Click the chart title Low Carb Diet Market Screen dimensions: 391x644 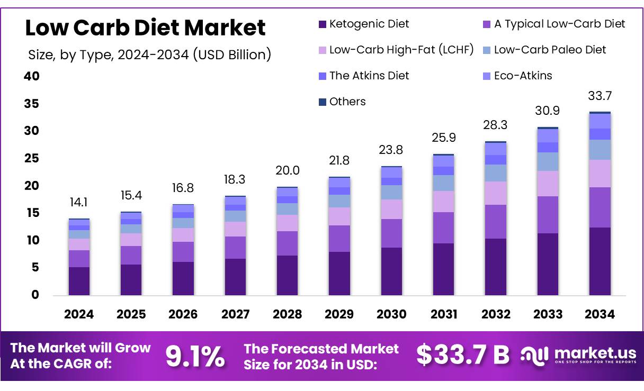tap(145, 28)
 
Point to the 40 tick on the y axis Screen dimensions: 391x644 tap(32, 76)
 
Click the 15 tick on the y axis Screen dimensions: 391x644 tap(32, 213)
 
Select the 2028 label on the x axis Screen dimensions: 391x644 tap(287, 314)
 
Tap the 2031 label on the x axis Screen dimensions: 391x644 tap(444, 314)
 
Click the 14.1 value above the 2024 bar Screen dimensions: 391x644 tap(79, 203)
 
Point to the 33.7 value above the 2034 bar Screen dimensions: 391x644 tap(600, 96)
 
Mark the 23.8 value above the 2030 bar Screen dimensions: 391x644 tap(391, 150)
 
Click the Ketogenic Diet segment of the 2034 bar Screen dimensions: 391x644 tap(600, 261)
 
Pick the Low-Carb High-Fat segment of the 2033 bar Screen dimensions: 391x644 tap(548, 183)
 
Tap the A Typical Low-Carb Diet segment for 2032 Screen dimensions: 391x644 tap(496, 221)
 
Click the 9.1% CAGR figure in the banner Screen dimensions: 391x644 tap(195, 356)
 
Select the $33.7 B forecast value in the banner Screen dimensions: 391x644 tap(462, 356)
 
